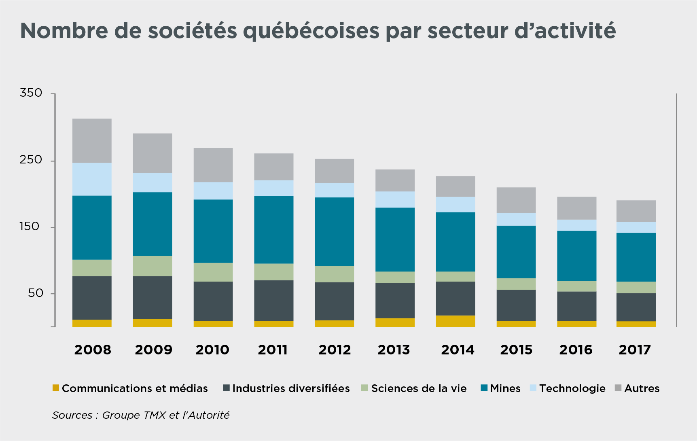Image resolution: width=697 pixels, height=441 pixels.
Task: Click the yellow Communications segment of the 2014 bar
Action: [x=455, y=321]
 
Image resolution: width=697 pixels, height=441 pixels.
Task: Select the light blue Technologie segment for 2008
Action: [x=92, y=179]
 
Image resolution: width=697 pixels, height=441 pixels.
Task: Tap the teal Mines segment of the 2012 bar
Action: [x=334, y=231]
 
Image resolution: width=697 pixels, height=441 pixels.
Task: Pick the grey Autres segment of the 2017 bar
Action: [x=636, y=211]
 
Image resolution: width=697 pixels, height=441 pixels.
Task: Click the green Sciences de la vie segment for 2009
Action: [x=153, y=266]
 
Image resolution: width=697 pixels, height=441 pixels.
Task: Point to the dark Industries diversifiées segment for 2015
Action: [x=516, y=305]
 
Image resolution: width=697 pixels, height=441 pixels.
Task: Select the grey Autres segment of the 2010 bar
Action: [x=213, y=165]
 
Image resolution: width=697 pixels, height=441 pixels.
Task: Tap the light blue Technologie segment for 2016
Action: [x=576, y=225]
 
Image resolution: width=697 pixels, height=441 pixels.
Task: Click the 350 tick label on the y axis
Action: [x=31, y=93]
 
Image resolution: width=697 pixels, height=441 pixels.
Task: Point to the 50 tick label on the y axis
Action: [x=36, y=293]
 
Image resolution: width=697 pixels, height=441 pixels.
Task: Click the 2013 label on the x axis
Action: [x=394, y=350]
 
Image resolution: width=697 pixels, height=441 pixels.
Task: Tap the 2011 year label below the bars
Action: [x=273, y=350]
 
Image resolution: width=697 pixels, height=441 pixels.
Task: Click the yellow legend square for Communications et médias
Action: [x=56, y=388]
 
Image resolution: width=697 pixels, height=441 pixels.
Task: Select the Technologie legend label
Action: [x=572, y=388]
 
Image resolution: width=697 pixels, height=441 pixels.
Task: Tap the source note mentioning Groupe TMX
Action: [x=141, y=415]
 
